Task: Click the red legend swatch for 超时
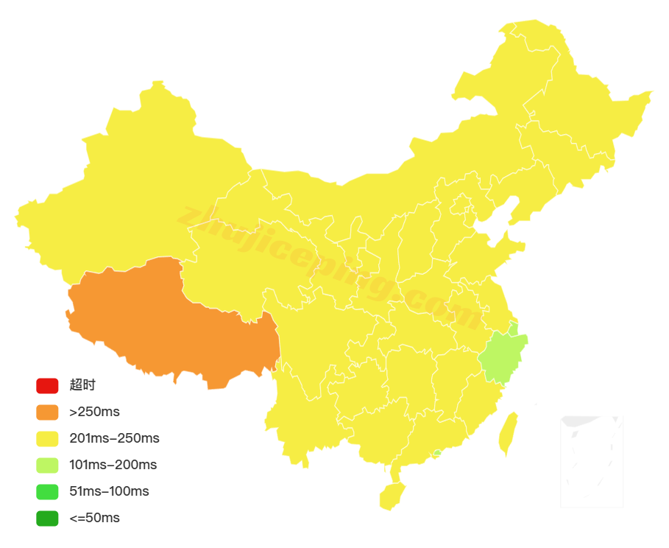[x=47, y=385]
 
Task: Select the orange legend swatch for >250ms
[x=47, y=412]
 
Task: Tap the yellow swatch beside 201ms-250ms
[x=47, y=438]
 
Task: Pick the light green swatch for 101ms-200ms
[x=47, y=465]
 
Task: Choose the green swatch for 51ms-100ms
[x=47, y=491]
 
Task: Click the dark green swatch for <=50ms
[x=47, y=518]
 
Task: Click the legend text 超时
[x=82, y=385]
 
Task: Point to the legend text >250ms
[x=94, y=412]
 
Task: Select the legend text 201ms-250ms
[x=114, y=438]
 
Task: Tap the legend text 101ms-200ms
[x=113, y=465]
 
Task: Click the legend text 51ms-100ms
[x=109, y=491]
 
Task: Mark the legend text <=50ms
[x=94, y=518]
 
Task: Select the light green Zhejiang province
[x=503, y=356]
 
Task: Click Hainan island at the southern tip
[x=392, y=496]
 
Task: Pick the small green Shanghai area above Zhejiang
[x=513, y=329]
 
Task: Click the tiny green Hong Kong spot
[x=437, y=453]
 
